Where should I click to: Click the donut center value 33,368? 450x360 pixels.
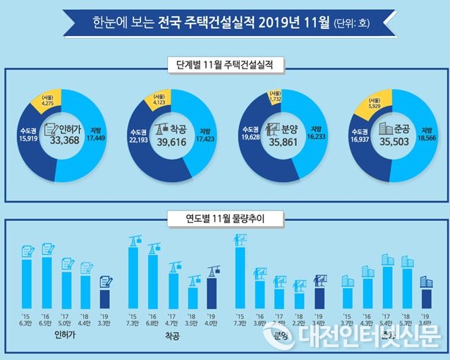point(64,143)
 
